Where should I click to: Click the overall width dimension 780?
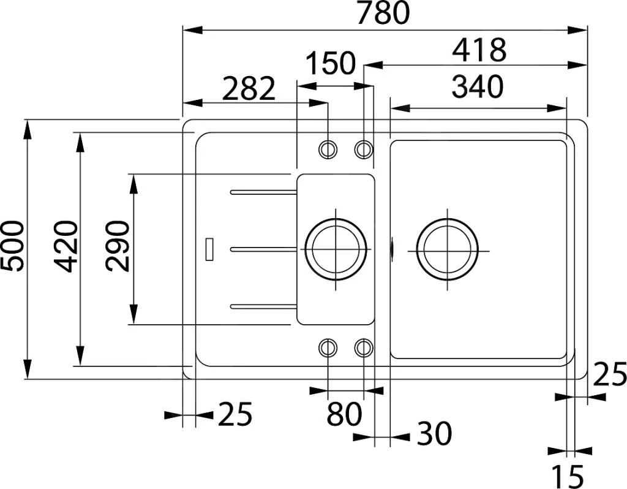click(384, 13)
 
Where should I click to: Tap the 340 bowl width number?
click(477, 87)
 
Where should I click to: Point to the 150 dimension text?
click(330, 63)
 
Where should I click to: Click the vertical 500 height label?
click(13, 246)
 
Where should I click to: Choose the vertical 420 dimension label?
click(66, 246)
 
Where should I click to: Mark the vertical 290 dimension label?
click(118, 246)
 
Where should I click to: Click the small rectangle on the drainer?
click(209, 249)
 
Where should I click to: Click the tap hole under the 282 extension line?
click(328, 148)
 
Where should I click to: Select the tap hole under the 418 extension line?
click(364, 148)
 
